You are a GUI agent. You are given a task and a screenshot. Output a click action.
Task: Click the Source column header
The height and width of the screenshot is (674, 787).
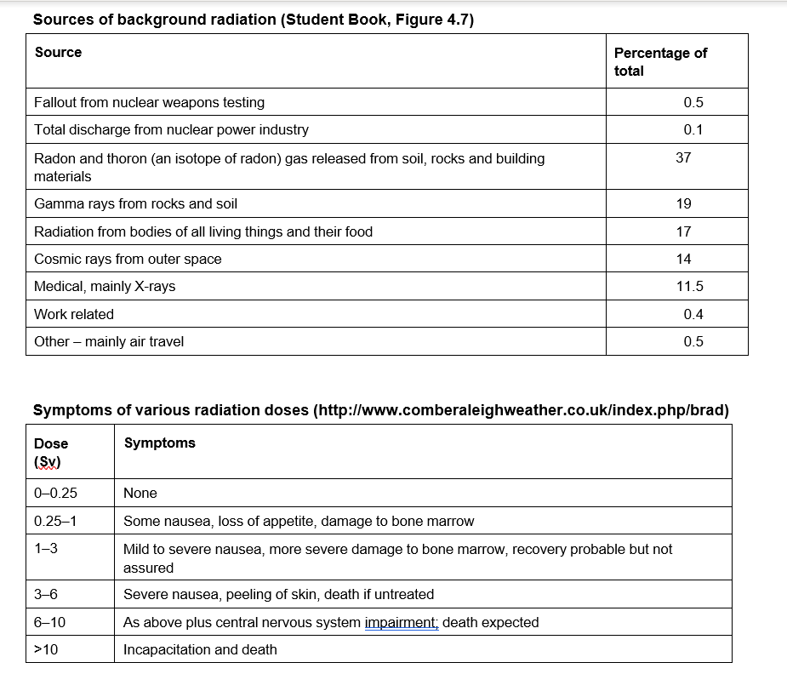(58, 53)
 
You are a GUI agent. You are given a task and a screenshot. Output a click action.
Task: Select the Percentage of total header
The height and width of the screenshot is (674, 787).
(659, 61)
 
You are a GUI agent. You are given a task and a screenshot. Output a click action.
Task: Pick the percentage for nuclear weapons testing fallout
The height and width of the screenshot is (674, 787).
(693, 102)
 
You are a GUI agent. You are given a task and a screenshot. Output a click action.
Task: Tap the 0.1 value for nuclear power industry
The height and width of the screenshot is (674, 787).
(693, 129)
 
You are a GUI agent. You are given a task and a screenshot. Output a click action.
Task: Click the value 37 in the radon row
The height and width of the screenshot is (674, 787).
(683, 157)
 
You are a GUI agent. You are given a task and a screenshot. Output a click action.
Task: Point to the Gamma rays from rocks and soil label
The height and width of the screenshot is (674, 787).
(135, 203)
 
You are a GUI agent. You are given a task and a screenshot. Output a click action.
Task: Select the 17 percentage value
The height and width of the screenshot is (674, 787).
(683, 231)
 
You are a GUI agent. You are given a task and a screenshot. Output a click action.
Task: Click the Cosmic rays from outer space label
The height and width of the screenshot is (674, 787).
(128, 259)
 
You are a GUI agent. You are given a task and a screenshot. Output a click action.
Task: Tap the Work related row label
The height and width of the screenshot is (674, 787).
(74, 314)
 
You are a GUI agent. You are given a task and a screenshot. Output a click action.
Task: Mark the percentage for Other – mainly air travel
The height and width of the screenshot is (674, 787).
(693, 341)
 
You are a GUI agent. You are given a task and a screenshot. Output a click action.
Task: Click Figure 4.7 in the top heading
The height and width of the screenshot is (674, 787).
(430, 20)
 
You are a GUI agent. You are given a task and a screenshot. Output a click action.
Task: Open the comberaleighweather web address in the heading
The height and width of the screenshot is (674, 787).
(521, 410)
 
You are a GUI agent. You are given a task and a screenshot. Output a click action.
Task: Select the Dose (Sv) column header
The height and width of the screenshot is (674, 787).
(51, 452)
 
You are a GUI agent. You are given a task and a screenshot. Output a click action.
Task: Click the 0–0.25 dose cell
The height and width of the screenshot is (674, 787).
(56, 493)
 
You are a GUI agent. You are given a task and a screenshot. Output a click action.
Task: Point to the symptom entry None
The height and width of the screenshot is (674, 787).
(140, 493)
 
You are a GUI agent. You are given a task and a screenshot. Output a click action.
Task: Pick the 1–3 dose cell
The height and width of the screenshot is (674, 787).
(46, 549)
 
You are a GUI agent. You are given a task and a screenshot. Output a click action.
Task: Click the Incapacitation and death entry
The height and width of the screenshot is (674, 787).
(200, 649)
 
